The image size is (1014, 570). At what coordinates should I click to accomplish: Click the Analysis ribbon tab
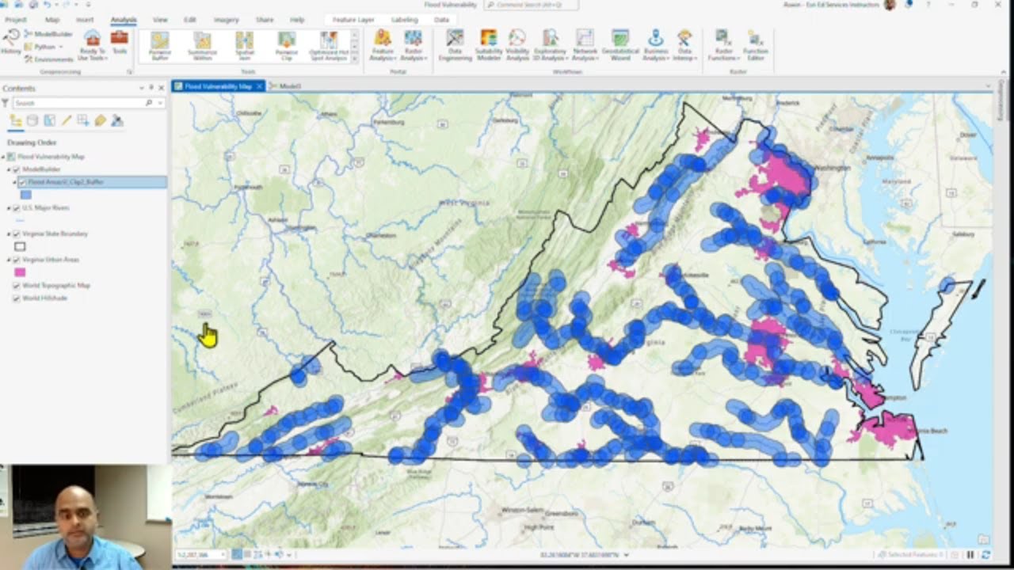(123, 19)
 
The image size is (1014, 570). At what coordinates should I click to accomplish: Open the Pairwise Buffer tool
(160, 45)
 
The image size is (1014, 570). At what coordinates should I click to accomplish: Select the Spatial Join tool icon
(244, 45)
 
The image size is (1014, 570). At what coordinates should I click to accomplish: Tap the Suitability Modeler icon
(489, 45)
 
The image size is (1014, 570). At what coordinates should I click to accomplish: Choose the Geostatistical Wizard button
(620, 45)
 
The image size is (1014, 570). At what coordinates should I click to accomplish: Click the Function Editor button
(756, 45)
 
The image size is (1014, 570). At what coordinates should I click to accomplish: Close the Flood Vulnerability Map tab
(259, 86)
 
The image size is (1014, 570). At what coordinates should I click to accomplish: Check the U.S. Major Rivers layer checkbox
(17, 208)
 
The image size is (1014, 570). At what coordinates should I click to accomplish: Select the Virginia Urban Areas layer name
(50, 260)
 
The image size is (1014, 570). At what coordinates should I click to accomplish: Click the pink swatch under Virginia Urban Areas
(21, 272)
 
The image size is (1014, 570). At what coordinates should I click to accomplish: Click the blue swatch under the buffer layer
(26, 195)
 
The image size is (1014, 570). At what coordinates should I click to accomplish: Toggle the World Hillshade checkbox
(17, 298)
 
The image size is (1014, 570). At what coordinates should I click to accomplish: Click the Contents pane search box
(79, 103)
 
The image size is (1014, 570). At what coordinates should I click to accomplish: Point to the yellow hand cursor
(208, 336)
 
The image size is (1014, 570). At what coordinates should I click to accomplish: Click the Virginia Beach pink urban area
(887, 430)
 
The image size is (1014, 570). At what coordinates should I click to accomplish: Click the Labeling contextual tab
(404, 19)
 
